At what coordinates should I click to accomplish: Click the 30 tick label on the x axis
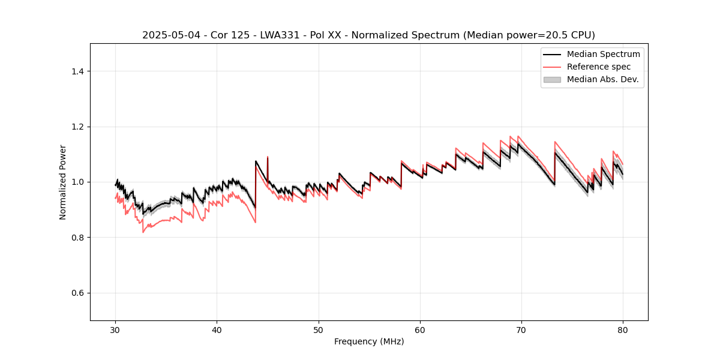pos(116,330)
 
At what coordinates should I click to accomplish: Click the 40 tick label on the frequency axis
pos(217,330)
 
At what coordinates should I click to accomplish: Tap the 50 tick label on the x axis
pos(319,330)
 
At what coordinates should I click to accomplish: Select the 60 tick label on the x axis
pos(420,330)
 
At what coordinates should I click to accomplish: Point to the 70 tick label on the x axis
pos(521,330)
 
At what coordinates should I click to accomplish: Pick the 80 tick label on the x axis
pos(623,330)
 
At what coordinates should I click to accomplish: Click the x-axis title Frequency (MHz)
pos(369,341)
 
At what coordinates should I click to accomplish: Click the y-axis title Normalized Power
pos(63,182)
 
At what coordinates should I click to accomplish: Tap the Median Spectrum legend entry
pos(603,54)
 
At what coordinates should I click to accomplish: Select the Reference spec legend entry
pos(599,67)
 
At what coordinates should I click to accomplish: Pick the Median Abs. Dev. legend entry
pos(603,79)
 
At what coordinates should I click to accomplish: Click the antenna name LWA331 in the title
pos(280,35)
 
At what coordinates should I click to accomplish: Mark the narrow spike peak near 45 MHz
pos(268,157)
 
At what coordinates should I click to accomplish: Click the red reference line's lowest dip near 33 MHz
pos(143,232)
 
